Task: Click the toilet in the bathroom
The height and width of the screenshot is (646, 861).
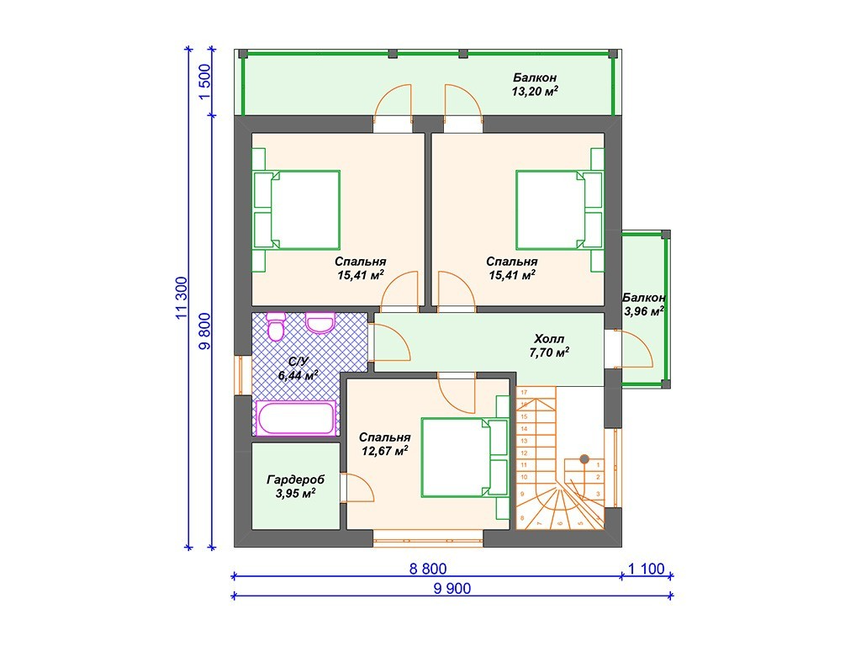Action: pos(275,326)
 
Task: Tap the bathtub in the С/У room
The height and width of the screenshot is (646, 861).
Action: pos(296,419)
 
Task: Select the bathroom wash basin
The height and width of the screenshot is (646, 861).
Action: pos(320,323)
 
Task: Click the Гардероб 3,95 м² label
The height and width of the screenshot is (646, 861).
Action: pos(295,486)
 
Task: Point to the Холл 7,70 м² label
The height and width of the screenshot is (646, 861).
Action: pos(549,346)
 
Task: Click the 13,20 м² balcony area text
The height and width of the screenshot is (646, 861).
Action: pos(535,91)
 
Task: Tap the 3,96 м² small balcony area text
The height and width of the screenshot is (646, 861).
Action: pos(644,311)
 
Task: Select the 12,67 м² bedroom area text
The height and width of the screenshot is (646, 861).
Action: pos(384,451)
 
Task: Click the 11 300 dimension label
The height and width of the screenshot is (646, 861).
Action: pos(182,297)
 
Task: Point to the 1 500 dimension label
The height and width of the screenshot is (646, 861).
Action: pos(204,82)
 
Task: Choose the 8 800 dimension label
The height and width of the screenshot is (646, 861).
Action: pos(428,569)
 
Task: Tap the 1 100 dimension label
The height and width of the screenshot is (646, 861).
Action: pos(646,569)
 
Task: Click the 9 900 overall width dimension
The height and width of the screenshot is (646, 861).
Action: pos(452,588)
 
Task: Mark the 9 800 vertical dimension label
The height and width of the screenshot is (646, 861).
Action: pos(204,331)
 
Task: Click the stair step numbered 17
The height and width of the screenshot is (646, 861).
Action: pos(524,392)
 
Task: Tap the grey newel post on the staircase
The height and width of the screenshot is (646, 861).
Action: pos(584,458)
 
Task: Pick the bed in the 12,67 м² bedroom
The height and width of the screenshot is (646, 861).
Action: pos(464,457)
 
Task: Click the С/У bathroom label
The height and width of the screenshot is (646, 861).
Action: pos(298,362)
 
